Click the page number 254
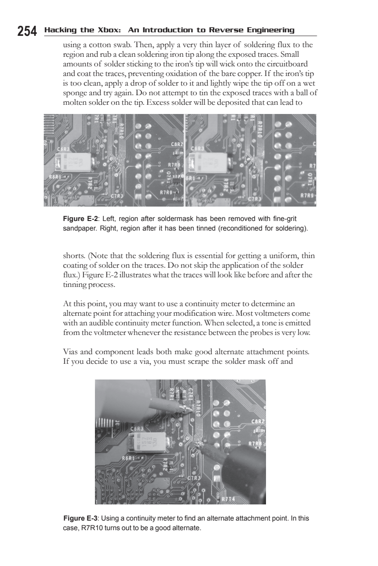[x=27, y=31]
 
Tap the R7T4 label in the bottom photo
[x=228, y=499]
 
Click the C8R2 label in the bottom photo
[x=258, y=421]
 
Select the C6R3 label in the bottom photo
[x=137, y=429]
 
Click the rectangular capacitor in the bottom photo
[x=148, y=442]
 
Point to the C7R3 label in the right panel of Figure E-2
[x=254, y=199]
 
